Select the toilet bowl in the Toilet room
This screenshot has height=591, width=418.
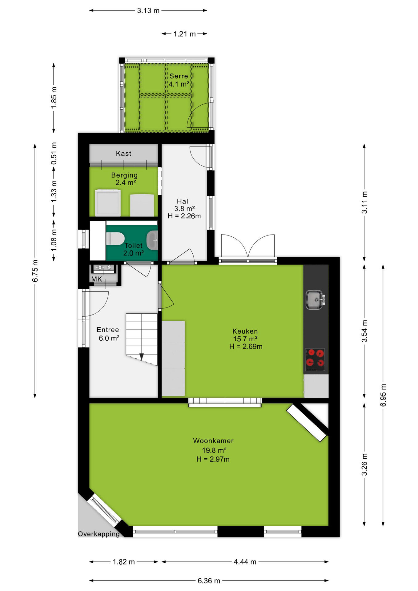pyautogui.click(x=115, y=239)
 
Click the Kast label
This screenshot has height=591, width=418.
pyautogui.click(x=124, y=153)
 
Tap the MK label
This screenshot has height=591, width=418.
pyautogui.click(x=97, y=279)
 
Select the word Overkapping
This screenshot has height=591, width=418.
pyautogui.click(x=99, y=534)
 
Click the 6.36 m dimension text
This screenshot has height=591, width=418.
pyautogui.click(x=209, y=581)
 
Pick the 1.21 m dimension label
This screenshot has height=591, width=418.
pyautogui.click(x=185, y=34)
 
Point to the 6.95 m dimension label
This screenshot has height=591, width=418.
pyautogui.click(x=383, y=395)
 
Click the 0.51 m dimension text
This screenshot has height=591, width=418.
pyautogui.click(x=54, y=153)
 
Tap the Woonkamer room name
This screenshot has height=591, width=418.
pyautogui.click(x=213, y=440)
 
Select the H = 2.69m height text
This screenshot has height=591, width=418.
pyautogui.click(x=246, y=347)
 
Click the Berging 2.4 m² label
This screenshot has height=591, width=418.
pyautogui.click(x=124, y=179)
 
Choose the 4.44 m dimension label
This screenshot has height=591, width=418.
pyautogui.click(x=245, y=562)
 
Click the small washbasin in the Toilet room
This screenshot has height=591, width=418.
pyautogui.click(x=152, y=240)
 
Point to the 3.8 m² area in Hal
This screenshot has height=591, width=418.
pyautogui.click(x=184, y=208)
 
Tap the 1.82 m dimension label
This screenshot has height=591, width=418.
pyautogui.click(x=124, y=562)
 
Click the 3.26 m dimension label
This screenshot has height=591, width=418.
pyautogui.click(x=364, y=464)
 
